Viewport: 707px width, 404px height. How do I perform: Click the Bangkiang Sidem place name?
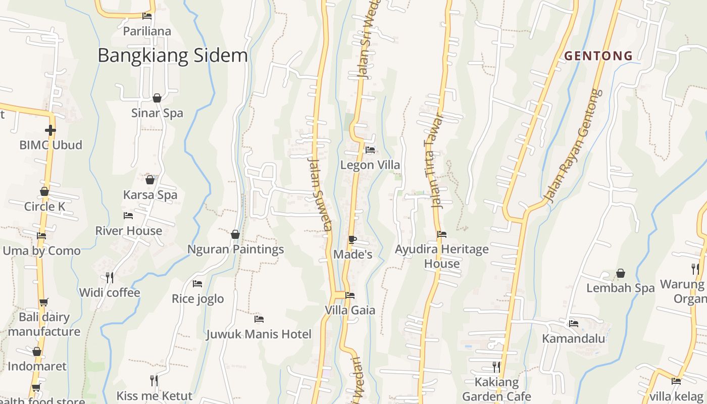(173, 56)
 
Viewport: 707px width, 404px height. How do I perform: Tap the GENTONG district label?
(598, 56)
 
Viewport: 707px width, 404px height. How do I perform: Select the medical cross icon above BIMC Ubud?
(50, 130)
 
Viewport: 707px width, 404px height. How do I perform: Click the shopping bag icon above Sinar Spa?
(157, 98)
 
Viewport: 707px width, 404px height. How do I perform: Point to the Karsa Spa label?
(150, 195)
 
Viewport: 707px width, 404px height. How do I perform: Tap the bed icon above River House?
(128, 216)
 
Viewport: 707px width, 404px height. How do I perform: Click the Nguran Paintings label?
(235, 249)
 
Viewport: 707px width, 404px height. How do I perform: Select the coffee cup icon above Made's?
(352, 239)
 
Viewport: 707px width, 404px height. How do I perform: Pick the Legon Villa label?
(370, 165)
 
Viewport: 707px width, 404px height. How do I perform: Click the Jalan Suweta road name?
(320, 193)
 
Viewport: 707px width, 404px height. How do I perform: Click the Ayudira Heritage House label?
(442, 256)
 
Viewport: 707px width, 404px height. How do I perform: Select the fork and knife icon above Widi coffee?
(109, 277)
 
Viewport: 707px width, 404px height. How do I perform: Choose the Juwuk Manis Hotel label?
(259, 334)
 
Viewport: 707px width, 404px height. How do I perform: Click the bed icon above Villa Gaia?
(350, 295)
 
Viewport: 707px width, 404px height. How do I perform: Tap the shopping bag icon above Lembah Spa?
(621, 274)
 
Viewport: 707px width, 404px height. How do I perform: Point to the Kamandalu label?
(573, 338)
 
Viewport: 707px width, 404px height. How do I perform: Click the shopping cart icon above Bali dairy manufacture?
(44, 302)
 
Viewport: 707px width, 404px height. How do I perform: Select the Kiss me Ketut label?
(155, 396)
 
